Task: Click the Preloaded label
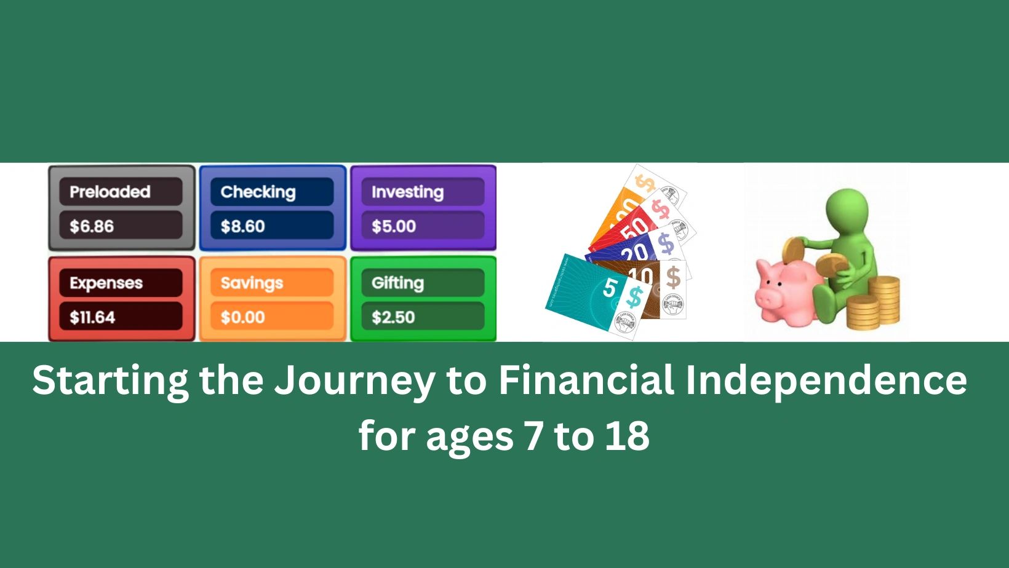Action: [x=110, y=192]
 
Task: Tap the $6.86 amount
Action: [x=92, y=226]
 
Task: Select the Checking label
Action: [x=258, y=192]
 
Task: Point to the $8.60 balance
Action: [x=243, y=226]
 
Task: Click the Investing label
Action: [x=407, y=192]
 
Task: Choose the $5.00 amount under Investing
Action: [x=394, y=226]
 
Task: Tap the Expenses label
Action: [x=106, y=283]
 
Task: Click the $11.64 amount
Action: [x=92, y=317]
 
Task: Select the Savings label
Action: [x=252, y=283]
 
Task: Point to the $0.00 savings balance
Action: [x=243, y=317]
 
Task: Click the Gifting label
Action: [x=397, y=283]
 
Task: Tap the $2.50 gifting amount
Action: [x=393, y=317]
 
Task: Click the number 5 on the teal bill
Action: [x=610, y=287]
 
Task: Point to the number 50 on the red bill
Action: [x=634, y=229]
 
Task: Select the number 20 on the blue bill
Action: [x=634, y=252]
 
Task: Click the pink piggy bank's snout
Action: [x=767, y=299]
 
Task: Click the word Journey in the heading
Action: [x=354, y=381]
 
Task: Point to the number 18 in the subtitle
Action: [x=627, y=436]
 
